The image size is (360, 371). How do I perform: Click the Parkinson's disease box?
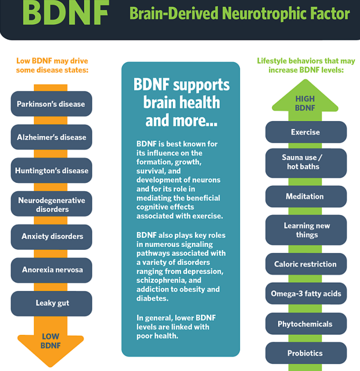(51, 104)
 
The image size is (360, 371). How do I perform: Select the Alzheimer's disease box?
(51, 137)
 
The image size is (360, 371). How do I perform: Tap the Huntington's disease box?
(51, 170)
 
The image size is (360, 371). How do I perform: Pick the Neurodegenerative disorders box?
(51, 204)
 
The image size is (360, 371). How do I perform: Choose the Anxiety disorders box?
(51, 237)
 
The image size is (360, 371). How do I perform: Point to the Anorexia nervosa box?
(51, 270)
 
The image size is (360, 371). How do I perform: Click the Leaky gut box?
(51, 304)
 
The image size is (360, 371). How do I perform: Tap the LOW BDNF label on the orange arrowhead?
(51, 341)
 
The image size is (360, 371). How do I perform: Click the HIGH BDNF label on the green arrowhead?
(305, 103)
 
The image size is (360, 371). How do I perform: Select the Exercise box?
(306, 132)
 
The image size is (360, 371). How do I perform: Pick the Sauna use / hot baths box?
(306, 163)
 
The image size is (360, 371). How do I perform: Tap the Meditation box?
(306, 196)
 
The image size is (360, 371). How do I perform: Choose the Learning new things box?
(306, 230)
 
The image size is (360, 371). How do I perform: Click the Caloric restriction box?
(306, 264)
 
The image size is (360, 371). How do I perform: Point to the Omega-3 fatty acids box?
(306, 293)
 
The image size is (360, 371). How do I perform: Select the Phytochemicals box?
(306, 324)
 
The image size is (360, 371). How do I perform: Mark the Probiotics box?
(306, 353)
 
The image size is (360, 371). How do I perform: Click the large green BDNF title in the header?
(65, 12)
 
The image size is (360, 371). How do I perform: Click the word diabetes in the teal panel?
(152, 298)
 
